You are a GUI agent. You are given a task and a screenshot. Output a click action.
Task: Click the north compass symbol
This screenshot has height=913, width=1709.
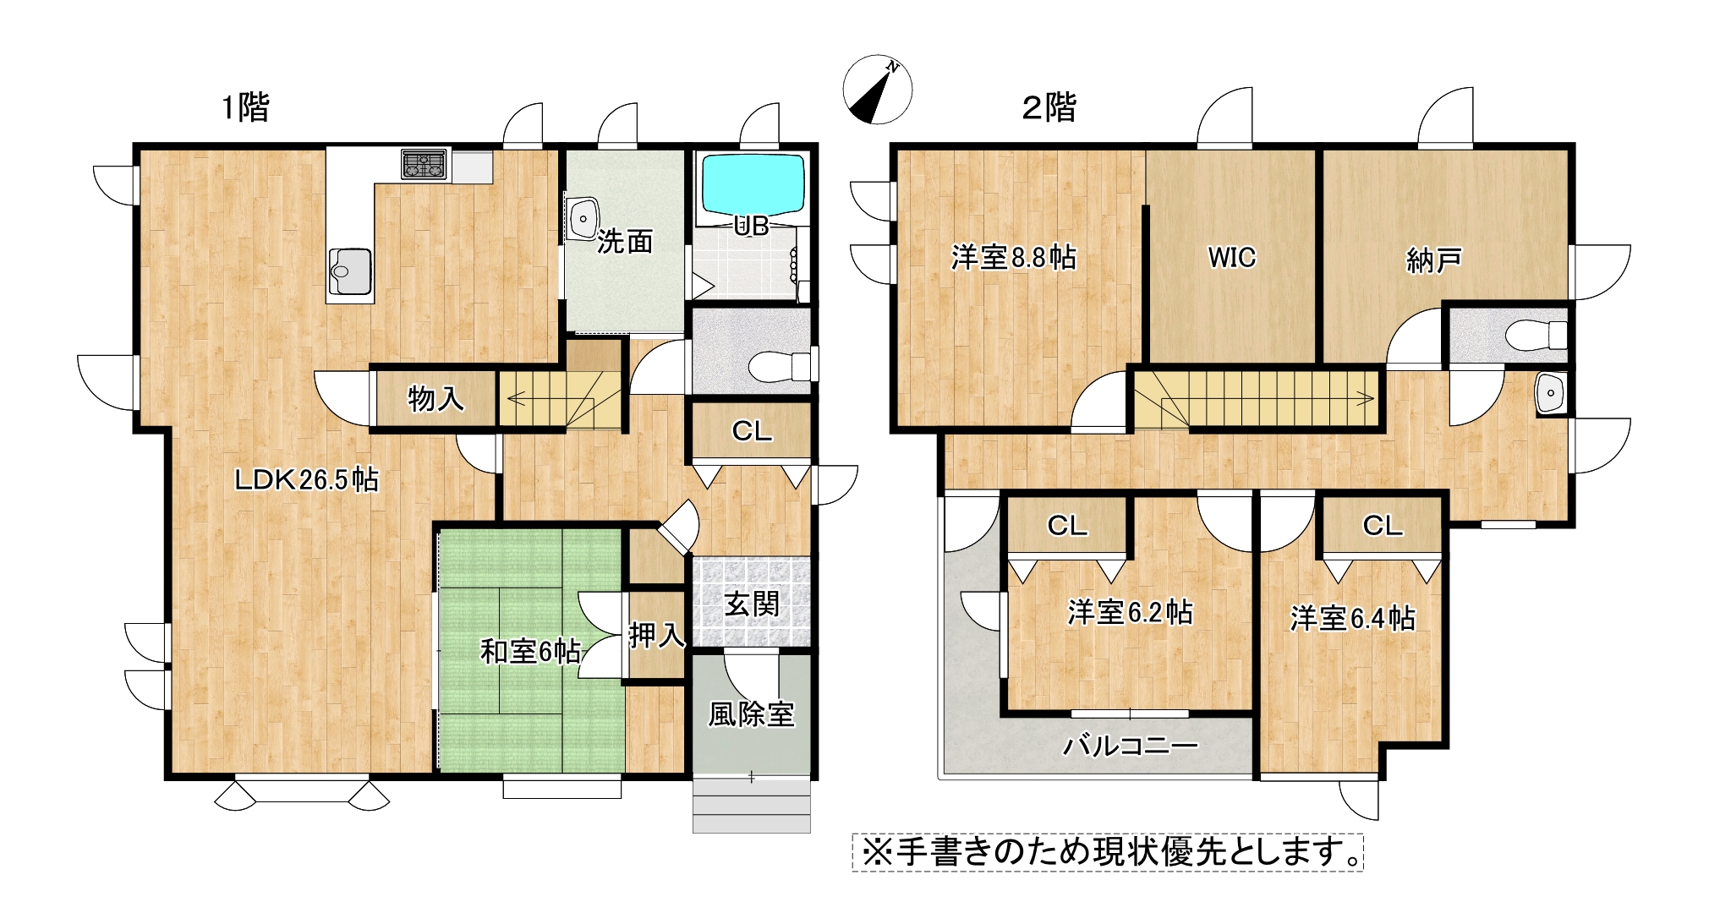click(x=878, y=90)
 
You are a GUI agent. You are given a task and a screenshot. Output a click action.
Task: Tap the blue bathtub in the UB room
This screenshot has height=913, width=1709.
click(x=753, y=184)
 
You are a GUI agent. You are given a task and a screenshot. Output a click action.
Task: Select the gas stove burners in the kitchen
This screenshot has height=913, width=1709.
click(x=424, y=164)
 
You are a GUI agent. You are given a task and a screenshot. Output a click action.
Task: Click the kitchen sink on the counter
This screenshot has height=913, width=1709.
click(x=350, y=271)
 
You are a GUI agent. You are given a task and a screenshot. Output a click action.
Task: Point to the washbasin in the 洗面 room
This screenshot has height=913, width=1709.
click(x=583, y=219)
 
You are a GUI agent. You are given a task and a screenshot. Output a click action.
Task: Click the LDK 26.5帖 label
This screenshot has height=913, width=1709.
click(x=306, y=480)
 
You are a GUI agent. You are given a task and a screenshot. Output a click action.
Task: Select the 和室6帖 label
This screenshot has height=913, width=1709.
click(x=530, y=651)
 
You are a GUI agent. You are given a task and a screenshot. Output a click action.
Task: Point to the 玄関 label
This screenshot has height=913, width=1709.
click(x=752, y=604)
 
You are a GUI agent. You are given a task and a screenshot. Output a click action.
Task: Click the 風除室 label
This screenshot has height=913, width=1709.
click(x=752, y=714)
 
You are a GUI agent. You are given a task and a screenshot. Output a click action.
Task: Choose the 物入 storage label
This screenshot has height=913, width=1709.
click(x=435, y=398)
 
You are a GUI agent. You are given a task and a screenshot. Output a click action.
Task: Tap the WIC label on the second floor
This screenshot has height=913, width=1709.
click(x=1231, y=257)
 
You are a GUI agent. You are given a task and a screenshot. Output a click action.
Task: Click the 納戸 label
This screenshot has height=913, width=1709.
click(x=1434, y=260)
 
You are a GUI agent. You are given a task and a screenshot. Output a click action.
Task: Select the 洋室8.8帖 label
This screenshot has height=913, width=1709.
click(x=1013, y=257)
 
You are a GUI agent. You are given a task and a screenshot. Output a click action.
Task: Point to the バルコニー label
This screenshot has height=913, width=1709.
click(x=1131, y=745)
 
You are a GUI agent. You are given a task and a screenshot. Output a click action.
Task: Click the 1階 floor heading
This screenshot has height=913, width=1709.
click(x=245, y=107)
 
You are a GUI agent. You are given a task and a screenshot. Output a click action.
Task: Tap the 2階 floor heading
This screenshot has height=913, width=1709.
click(x=1049, y=107)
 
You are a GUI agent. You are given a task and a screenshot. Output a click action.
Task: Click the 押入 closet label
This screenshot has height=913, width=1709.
click(x=656, y=635)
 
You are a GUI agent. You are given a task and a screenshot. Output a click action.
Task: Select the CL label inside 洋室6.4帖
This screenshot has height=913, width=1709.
click(x=1383, y=526)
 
